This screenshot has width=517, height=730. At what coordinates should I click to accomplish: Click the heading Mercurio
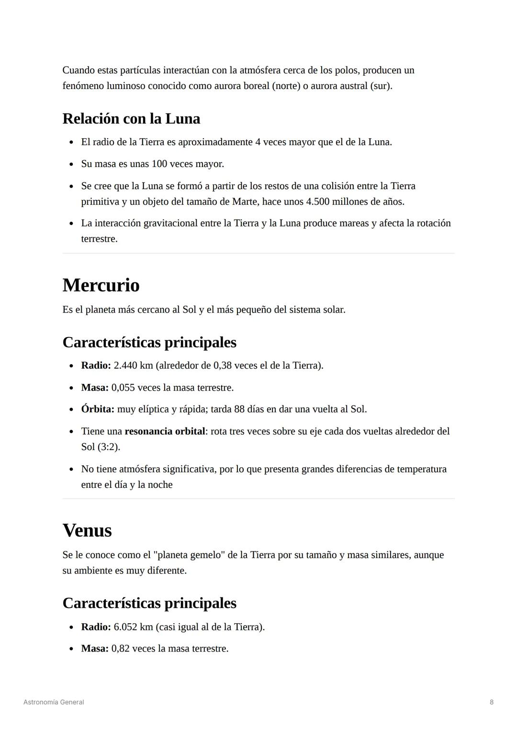[x=101, y=285]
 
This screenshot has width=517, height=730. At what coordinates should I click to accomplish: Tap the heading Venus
[x=87, y=530]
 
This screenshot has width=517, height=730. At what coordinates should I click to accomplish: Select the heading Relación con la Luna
[x=131, y=118]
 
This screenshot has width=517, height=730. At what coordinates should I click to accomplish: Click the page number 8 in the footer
[x=492, y=702]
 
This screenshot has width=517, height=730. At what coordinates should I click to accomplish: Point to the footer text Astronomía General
[x=54, y=702]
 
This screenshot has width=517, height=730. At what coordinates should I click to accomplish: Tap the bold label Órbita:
[x=98, y=409]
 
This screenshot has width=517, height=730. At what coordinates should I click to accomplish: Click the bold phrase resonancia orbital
[x=165, y=431]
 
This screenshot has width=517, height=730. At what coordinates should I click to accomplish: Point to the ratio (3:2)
[x=109, y=447]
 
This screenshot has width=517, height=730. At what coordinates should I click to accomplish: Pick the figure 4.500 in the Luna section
[x=317, y=202]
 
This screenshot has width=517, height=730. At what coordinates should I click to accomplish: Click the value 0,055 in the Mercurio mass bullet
[x=123, y=388]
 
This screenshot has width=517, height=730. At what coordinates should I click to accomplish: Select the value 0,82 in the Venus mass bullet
[x=120, y=649]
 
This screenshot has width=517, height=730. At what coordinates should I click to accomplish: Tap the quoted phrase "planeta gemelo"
[x=189, y=555]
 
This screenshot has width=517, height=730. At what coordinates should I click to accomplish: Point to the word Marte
[x=245, y=202]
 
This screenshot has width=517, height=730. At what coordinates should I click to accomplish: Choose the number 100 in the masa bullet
[x=159, y=164]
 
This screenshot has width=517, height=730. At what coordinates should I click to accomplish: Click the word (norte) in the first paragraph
[x=286, y=86]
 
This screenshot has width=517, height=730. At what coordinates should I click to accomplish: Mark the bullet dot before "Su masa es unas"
[x=71, y=165]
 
